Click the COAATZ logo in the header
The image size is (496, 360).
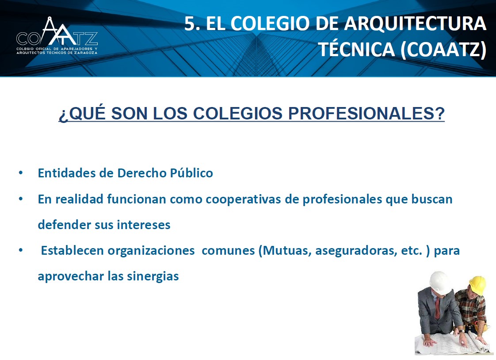(x=57, y=36)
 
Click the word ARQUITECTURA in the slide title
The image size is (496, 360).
(x=415, y=23)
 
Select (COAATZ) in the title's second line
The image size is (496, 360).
(x=443, y=50)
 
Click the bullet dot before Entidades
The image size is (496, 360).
(x=21, y=173)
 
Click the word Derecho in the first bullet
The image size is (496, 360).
(x=142, y=173)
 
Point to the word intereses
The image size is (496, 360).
(x=144, y=225)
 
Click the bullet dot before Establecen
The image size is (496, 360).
(x=21, y=250)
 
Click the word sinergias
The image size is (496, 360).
(x=153, y=276)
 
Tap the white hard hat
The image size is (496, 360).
(x=440, y=282)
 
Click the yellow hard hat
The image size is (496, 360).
(x=477, y=285)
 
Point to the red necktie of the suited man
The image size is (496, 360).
(x=437, y=308)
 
